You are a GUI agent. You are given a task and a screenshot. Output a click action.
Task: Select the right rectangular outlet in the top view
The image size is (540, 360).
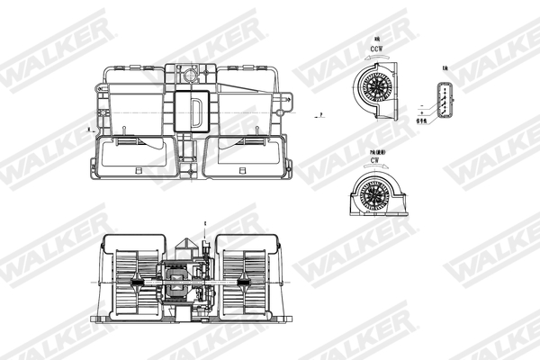(247, 155)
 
